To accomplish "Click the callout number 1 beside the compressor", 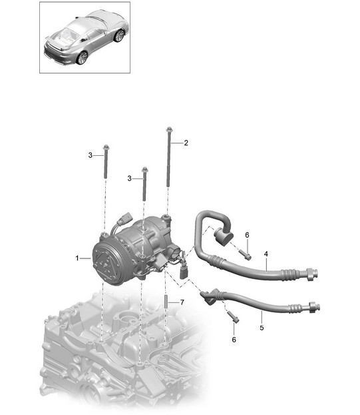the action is [x=77, y=258].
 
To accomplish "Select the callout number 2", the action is [x=186, y=143].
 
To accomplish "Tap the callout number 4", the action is [x=266, y=254].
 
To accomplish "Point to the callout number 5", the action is [x=262, y=328].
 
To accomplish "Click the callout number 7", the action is [x=182, y=302].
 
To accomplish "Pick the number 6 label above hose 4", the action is [x=247, y=235].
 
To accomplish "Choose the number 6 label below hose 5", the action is [x=234, y=340].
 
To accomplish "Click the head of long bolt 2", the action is [x=169, y=129].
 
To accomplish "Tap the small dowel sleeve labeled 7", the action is [x=166, y=302].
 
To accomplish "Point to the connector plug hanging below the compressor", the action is [x=184, y=272].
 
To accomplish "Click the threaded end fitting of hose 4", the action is [x=312, y=274].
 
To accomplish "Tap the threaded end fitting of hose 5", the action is [x=314, y=307].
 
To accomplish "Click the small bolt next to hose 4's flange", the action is [x=246, y=255].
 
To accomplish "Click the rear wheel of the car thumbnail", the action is [x=82, y=57].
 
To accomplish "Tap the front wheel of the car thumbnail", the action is [x=119, y=36].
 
